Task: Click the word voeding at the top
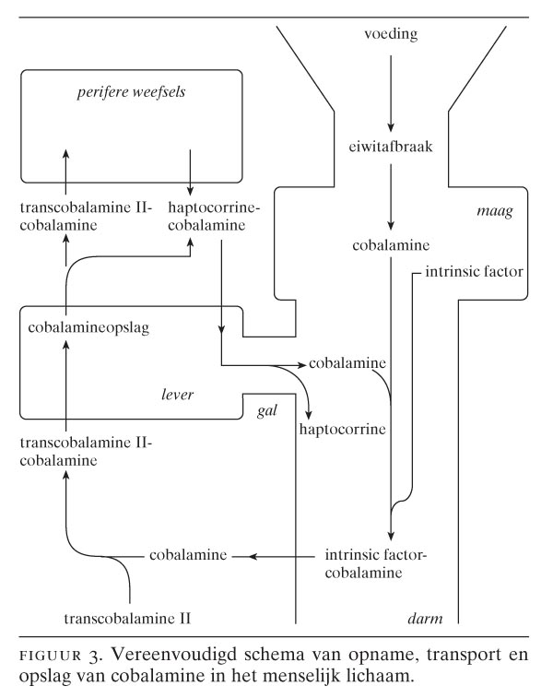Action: click(391, 35)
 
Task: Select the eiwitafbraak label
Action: click(391, 145)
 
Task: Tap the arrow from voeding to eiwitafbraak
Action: click(391, 89)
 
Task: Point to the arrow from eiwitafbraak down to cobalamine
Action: click(391, 195)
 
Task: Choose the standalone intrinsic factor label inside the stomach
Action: click(474, 273)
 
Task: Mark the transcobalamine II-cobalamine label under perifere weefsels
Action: click(77, 216)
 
